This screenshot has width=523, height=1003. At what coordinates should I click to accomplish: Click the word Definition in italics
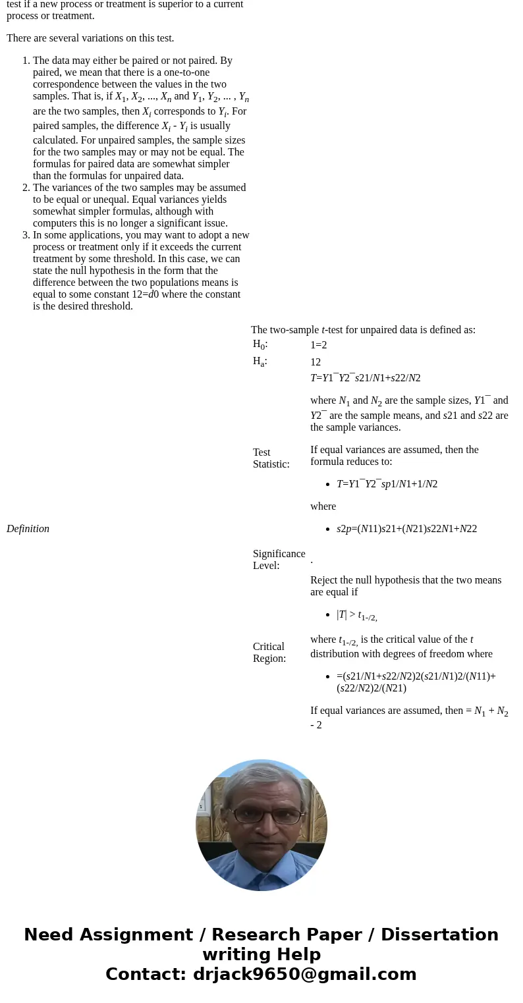28,529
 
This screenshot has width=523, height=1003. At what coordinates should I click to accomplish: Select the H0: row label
260,344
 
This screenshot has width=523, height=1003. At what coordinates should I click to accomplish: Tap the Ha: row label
260,362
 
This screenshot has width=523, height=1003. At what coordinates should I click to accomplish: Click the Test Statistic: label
271,458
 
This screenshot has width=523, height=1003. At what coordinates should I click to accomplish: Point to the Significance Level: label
279,560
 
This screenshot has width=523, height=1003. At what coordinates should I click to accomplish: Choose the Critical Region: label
269,652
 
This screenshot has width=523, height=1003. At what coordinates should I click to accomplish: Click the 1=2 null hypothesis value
319,344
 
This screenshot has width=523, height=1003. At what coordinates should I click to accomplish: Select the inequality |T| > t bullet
356,614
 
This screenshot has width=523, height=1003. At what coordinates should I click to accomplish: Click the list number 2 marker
26,188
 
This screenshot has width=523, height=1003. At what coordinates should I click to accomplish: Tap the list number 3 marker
26,235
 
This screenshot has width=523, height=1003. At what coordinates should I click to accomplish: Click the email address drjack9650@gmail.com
304,974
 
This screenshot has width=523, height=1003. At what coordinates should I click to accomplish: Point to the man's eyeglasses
265,815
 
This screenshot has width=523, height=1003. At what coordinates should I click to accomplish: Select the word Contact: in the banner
146,974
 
